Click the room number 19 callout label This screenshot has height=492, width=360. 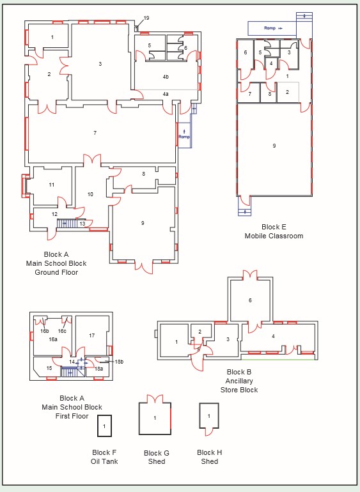[146, 18]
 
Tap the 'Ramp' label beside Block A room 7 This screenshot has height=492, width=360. [184, 137]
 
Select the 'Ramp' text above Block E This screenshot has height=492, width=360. [270, 28]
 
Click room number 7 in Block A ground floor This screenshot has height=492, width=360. [95, 133]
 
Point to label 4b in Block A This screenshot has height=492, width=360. [166, 77]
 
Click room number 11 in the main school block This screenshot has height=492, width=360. [52, 185]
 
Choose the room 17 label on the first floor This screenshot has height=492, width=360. [91, 335]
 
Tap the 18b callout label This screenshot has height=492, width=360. [119, 362]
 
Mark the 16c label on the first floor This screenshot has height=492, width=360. [62, 331]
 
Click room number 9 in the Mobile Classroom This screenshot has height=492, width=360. [274, 146]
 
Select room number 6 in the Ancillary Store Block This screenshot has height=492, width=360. [250, 300]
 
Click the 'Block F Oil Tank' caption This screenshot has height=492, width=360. [104, 457]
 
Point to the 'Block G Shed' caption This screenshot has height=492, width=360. [157, 457]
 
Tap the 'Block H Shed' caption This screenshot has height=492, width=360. [210, 457]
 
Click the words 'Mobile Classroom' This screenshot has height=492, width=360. [274, 236]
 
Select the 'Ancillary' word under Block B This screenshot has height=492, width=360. [239, 381]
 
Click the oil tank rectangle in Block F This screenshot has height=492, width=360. [104, 426]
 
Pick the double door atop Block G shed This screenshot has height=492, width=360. [155, 399]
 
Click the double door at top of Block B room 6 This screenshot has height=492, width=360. [250, 275]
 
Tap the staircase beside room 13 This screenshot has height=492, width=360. [67, 224]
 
